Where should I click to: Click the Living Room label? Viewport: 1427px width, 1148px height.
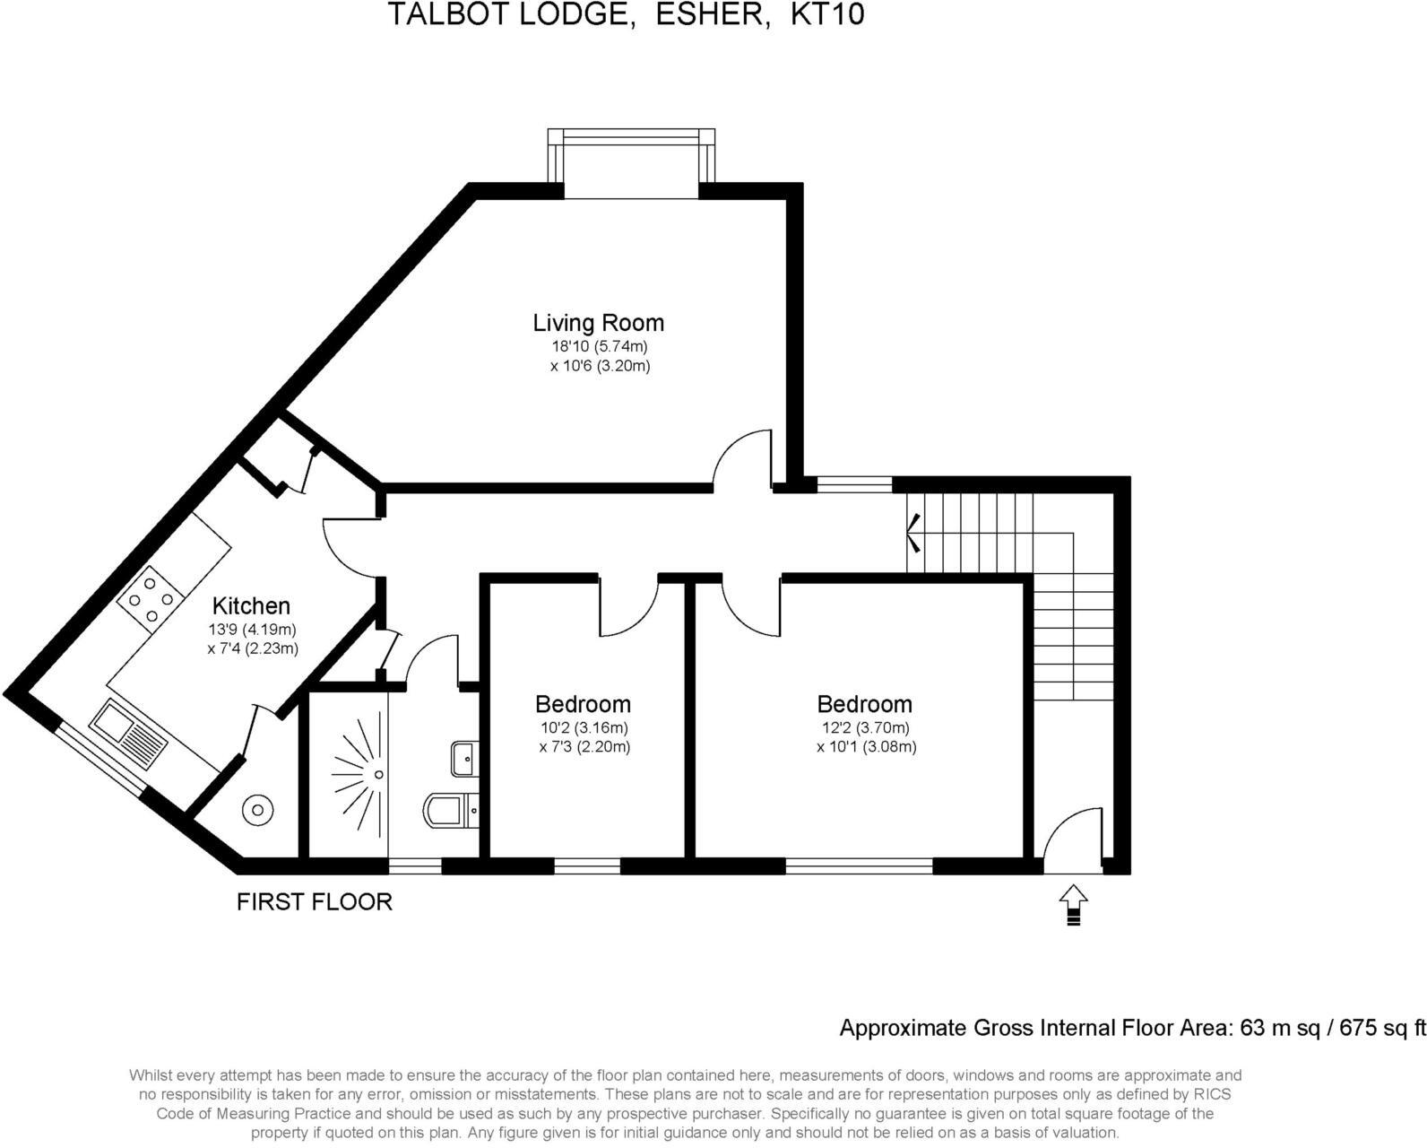pyautogui.click(x=598, y=323)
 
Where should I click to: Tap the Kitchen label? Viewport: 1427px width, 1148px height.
pyautogui.click(x=251, y=606)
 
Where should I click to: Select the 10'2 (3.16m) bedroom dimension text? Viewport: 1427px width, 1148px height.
pyautogui.click(x=584, y=727)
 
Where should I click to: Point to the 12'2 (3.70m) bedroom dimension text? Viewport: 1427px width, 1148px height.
pyautogui.click(x=865, y=727)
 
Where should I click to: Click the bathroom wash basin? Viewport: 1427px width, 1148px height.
pyautogui.click(x=465, y=759)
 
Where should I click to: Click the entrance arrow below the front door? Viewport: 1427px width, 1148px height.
pyautogui.click(x=1073, y=904)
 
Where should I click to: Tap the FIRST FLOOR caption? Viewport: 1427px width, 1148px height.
pyautogui.click(x=314, y=901)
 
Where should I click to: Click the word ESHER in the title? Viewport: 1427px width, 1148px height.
pyautogui.click(x=713, y=15)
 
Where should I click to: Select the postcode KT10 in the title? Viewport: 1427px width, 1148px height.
pyautogui.click(x=826, y=15)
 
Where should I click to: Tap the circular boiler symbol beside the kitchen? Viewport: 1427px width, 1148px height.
pyautogui.click(x=257, y=810)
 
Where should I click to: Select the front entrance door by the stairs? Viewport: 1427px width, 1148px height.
pyautogui.click(x=1071, y=839)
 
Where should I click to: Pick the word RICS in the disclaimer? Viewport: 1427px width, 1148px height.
pyautogui.click(x=1213, y=1094)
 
